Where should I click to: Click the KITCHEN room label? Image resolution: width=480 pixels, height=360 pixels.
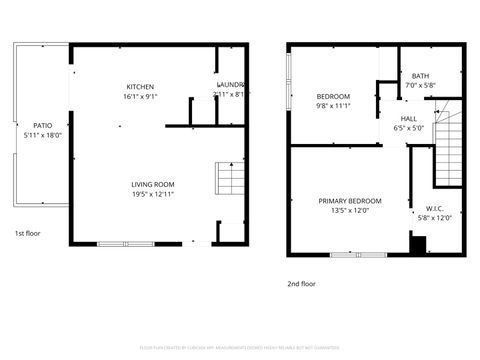[140, 86]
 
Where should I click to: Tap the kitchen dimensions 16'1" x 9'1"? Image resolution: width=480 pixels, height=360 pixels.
[140, 96]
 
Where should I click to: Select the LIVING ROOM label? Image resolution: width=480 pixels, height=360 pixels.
[153, 184]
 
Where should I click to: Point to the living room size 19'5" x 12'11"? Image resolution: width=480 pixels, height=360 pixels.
[153, 194]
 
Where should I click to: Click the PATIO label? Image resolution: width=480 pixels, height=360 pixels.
[42, 125]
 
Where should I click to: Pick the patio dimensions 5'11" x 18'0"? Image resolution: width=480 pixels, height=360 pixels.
[42, 134]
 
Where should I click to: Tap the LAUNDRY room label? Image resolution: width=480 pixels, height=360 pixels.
[231, 85]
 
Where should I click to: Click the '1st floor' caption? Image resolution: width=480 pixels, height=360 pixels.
[26, 233]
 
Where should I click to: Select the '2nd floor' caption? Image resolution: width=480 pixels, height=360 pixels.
[301, 282]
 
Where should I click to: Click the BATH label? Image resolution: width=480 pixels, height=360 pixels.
[420, 76]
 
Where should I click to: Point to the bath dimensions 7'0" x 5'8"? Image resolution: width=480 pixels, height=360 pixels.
[420, 86]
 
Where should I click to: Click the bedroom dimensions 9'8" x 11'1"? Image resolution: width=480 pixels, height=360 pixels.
[332, 105]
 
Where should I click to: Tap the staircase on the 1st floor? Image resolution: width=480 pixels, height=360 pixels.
[231, 179]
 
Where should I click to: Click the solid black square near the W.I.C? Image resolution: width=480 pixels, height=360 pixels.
[418, 244]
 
